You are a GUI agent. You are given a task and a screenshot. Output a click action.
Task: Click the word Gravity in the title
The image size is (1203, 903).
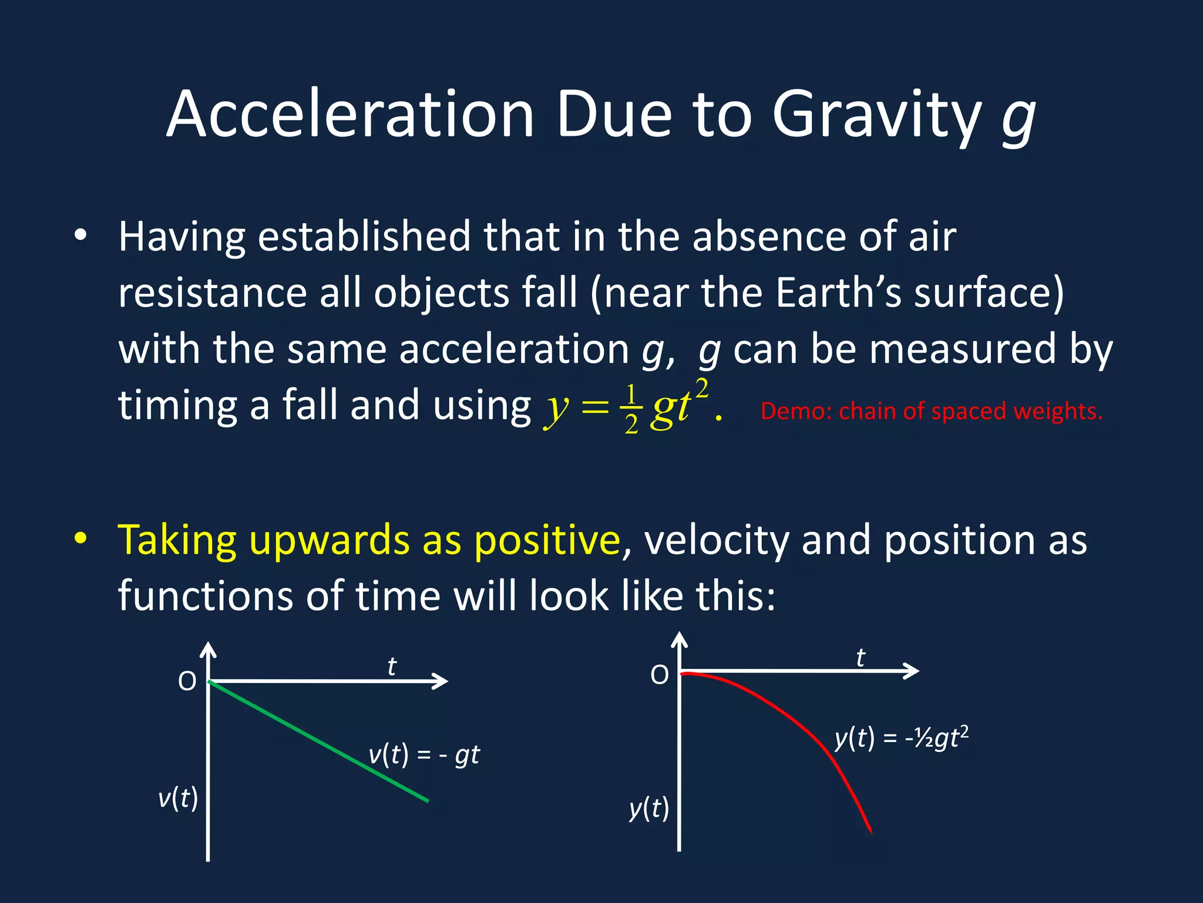tap(877, 115)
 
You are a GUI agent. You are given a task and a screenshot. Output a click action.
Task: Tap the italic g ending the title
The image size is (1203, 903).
tap(1019, 121)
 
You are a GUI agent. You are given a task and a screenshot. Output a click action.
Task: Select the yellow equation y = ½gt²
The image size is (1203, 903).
tap(633, 406)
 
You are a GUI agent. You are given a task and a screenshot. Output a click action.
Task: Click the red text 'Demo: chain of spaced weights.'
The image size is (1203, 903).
tap(932, 411)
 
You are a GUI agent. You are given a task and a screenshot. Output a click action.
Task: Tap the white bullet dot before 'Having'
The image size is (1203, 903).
tap(80, 236)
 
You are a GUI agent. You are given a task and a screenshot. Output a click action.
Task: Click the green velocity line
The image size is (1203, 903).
tap(319, 741)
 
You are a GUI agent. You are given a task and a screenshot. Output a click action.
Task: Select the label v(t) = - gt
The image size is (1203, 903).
tap(424, 755)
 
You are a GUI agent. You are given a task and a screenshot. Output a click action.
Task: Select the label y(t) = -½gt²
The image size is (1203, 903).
tap(902, 737)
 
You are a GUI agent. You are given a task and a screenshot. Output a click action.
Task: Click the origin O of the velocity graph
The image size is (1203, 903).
tap(187, 681)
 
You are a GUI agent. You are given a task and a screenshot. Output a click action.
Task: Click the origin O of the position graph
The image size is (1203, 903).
tap(660, 675)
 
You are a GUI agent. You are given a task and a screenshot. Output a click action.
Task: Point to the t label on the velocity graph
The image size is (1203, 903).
tap(392, 666)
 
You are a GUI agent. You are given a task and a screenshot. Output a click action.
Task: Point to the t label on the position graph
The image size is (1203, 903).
tap(861, 657)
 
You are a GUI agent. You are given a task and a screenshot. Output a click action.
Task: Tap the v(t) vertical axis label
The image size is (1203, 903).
tap(178, 798)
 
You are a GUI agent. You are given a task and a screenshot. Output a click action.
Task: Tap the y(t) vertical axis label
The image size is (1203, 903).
tap(649, 808)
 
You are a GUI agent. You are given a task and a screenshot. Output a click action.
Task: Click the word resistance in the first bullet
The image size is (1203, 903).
tap(213, 293)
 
